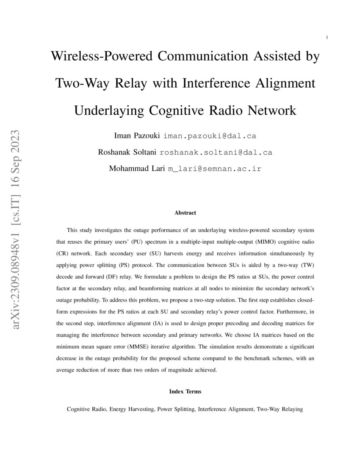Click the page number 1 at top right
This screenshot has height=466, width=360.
click(x=327, y=38)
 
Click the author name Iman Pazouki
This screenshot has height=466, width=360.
click(x=137, y=136)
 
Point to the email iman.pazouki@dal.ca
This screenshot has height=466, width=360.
click(x=210, y=136)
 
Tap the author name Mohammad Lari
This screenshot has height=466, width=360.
click(x=136, y=169)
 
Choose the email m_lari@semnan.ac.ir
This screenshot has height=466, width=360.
click(x=214, y=169)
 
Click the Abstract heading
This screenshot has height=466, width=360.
click(x=185, y=213)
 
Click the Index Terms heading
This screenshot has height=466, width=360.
click(x=185, y=391)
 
